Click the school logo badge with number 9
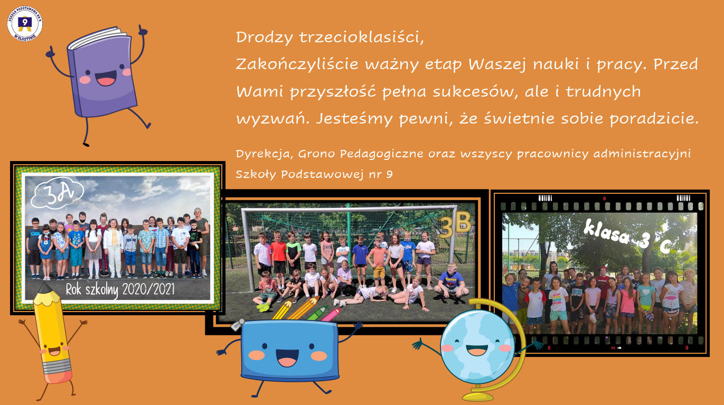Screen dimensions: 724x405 coord(25,24)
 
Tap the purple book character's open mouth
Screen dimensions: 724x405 coord(106,79)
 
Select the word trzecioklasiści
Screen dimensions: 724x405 coord(361,37)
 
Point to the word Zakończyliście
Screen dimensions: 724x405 coord(297,64)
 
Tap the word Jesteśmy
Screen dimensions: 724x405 coord(354,119)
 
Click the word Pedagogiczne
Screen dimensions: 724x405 coord(381,154)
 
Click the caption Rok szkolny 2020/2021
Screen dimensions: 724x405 coord(120,289)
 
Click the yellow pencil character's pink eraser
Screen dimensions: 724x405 coord(59,376)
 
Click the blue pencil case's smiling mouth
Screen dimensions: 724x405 coord(287,357)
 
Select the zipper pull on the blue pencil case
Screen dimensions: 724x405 coord(238,325)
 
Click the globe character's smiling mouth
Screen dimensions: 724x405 coord(477,350)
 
